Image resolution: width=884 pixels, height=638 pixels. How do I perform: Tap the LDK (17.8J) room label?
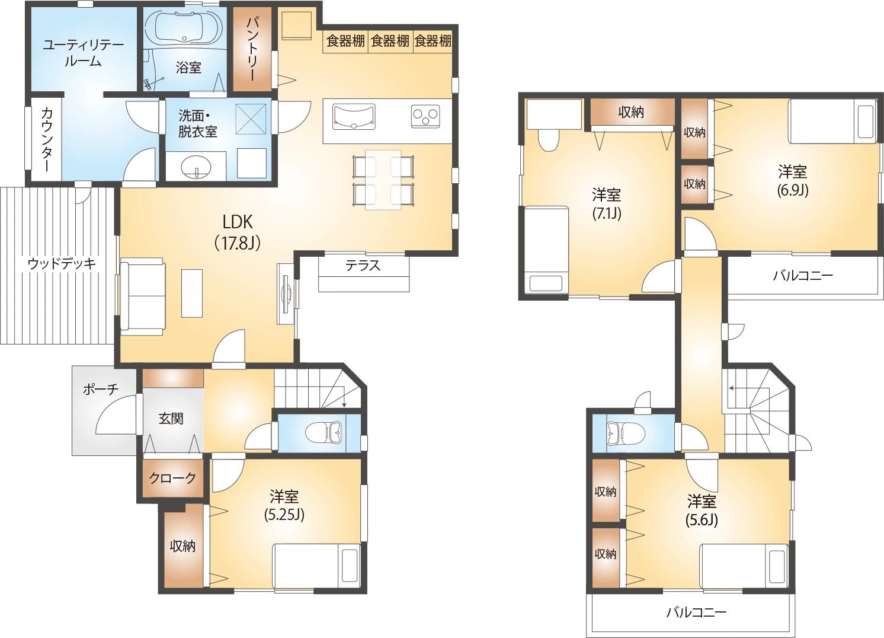tap(238, 233)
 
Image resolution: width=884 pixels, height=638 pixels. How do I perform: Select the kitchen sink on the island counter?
tap(354, 117)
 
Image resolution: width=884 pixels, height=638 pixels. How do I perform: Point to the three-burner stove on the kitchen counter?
tap(425, 116)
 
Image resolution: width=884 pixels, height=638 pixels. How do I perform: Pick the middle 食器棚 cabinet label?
tap(390, 41)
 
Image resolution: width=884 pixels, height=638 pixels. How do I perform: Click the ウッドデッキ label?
tap(62, 263)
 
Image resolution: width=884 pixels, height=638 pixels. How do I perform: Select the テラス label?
tap(363, 266)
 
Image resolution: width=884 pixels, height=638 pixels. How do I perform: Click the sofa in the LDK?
tap(142, 296)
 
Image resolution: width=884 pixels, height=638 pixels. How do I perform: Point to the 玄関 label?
tap(171, 419)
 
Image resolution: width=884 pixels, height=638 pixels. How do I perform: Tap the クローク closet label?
tap(172, 478)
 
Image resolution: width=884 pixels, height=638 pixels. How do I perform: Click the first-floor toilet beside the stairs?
tap(324, 433)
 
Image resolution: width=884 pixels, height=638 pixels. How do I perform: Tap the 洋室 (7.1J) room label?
tap(607, 204)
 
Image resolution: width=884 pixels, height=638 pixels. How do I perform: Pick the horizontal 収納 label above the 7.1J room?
tap(631, 113)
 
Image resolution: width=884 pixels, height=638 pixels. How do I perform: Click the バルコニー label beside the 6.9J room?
tap(803, 275)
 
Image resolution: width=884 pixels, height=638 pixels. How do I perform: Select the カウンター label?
tap(47, 140)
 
